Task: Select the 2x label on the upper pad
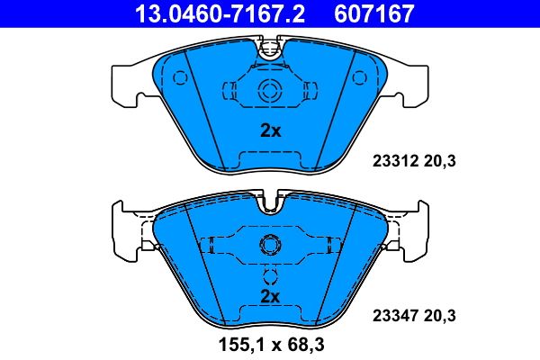point(270,130)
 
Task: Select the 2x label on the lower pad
point(270,296)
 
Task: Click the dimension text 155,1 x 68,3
point(270,344)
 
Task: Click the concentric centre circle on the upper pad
point(269,90)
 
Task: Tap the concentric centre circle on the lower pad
point(269,244)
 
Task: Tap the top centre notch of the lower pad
point(269,203)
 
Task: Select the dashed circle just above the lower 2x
point(269,277)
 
